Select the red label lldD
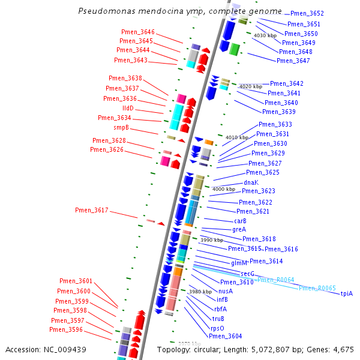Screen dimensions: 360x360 tap(128, 108)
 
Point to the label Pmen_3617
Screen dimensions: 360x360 tap(92, 210)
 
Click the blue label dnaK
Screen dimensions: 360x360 tap(251, 182)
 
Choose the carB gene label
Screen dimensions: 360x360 tap(240, 221)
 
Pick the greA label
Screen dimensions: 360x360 tap(239, 229)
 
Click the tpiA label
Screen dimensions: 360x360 tap(347, 293)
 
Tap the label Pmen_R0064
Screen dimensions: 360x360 tap(275, 280)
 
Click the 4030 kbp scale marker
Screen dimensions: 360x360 tap(265, 35)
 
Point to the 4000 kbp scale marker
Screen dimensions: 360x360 tap(223, 189)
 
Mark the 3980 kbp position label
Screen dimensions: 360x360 tap(200, 292)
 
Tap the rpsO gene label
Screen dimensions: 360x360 tap(217, 328)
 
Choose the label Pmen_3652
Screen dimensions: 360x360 tap(307, 13)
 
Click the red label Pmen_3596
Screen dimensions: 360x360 tap(66, 329)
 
